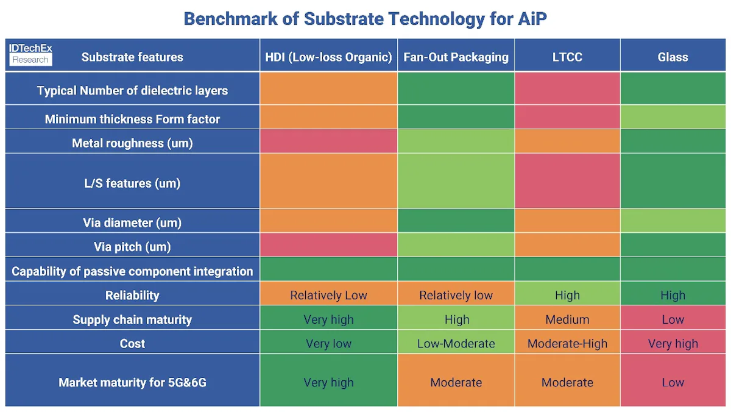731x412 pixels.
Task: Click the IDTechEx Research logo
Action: [x=30, y=54]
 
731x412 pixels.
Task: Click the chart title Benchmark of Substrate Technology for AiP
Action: [x=365, y=18]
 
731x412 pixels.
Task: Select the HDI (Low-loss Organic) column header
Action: [x=328, y=57]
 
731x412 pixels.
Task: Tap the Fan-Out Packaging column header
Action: [x=456, y=57]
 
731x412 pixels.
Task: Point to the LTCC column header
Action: [x=567, y=57]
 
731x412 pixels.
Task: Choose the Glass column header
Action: [x=673, y=57]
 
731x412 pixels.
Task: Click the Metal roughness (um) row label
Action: [x=132, y=143]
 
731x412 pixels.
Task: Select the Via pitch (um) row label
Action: [x=132, y=247]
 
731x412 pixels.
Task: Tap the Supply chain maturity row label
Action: [x=132, y=319]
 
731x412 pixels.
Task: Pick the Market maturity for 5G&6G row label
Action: [x=132, y=383]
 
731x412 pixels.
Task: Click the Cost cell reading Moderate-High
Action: [x=567, y=344]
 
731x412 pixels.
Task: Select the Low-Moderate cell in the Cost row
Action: [x=456, y=344]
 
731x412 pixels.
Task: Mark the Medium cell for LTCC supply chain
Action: [x=567, y=319]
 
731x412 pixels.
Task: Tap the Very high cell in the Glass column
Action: [x=673, y=344]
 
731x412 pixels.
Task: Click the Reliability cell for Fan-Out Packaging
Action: [x=456, y=296]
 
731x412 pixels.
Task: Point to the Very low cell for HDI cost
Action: [x=328, y=344]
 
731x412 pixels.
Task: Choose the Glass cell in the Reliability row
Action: [x=673, y=296]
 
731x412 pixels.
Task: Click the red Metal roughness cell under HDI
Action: [x=328, y=141]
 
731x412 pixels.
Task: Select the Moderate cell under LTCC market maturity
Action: [x=567, y=383]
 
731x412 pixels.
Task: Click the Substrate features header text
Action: [x=132, y=57]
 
